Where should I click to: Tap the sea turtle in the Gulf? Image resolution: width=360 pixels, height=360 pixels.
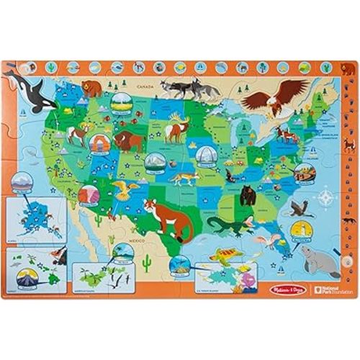point(229,253)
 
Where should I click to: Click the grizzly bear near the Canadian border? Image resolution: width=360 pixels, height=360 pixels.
point(92,89)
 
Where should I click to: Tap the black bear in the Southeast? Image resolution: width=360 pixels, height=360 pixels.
point(248,194)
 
